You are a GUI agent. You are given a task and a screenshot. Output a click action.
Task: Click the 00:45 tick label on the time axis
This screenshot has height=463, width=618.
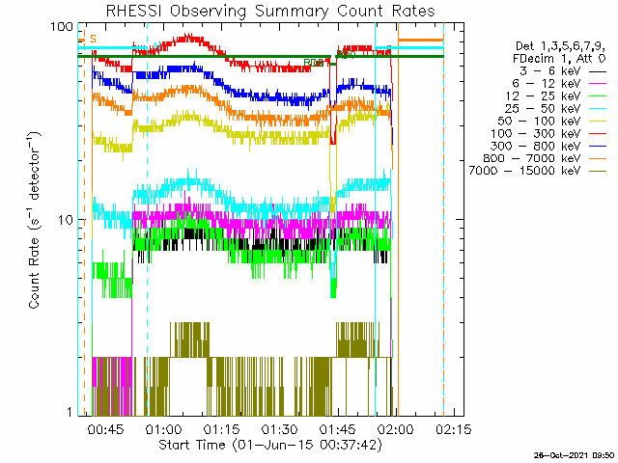pos(103,428)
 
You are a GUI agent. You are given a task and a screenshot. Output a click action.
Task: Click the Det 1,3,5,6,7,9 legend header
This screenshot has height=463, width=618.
pos(561,45)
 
